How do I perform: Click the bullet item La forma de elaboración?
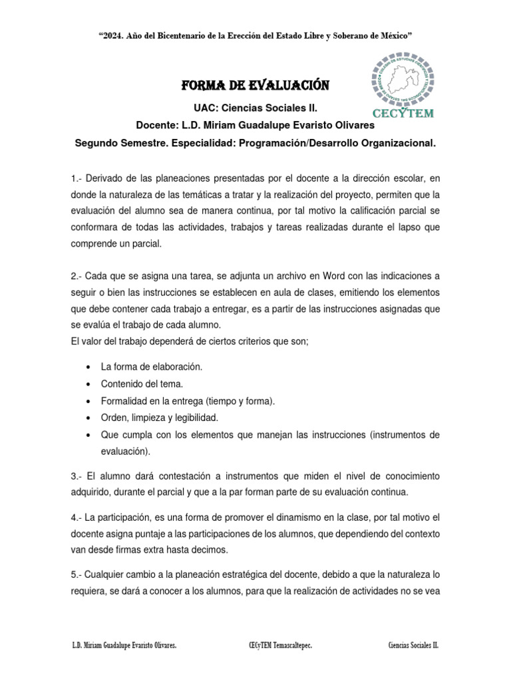pos(152,366)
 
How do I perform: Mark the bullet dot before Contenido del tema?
pos(89,384)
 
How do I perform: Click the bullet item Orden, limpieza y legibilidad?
pos(159,418)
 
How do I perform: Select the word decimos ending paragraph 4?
pos(208,550)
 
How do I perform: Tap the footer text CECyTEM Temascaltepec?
pos(279,646)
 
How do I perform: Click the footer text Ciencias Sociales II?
pos(413,646)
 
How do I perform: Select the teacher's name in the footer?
pos(124,646)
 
